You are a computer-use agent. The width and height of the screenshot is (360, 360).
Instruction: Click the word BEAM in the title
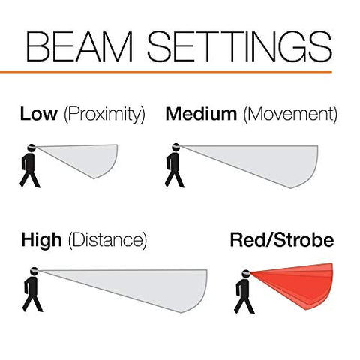79,46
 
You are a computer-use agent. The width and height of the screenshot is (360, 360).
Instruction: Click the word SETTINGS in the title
240,46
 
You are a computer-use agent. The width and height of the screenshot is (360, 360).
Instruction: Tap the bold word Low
39,114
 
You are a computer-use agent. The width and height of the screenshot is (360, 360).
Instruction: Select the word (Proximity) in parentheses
104,115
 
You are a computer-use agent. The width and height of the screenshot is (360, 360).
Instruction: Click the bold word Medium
201,114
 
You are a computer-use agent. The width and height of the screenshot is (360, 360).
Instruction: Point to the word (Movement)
290,115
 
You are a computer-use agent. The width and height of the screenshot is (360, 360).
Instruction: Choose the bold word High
41,240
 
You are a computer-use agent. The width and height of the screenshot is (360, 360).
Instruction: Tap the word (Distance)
107,241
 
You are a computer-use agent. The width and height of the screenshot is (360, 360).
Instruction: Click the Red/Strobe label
282,240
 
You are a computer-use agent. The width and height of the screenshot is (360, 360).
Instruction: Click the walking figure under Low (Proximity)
29,166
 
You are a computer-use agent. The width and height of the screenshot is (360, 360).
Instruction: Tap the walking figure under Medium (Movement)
175,166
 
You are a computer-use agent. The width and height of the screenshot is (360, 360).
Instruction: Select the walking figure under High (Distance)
32,289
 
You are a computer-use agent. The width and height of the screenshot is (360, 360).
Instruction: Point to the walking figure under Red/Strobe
244,292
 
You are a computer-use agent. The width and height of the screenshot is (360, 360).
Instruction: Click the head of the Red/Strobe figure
247,274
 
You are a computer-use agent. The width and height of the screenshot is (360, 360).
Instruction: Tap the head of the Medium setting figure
176,147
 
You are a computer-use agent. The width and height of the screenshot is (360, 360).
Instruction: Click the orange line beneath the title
166,72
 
